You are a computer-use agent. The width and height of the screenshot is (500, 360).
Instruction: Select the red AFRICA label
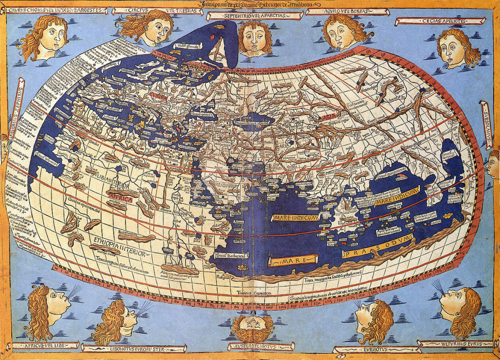pos(119,198)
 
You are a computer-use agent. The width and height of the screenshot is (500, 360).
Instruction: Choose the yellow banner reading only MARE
pos(293,260)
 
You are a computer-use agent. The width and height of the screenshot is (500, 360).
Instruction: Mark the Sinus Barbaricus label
pos(231,256)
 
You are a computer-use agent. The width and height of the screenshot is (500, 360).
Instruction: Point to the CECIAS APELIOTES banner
pos(440,21)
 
